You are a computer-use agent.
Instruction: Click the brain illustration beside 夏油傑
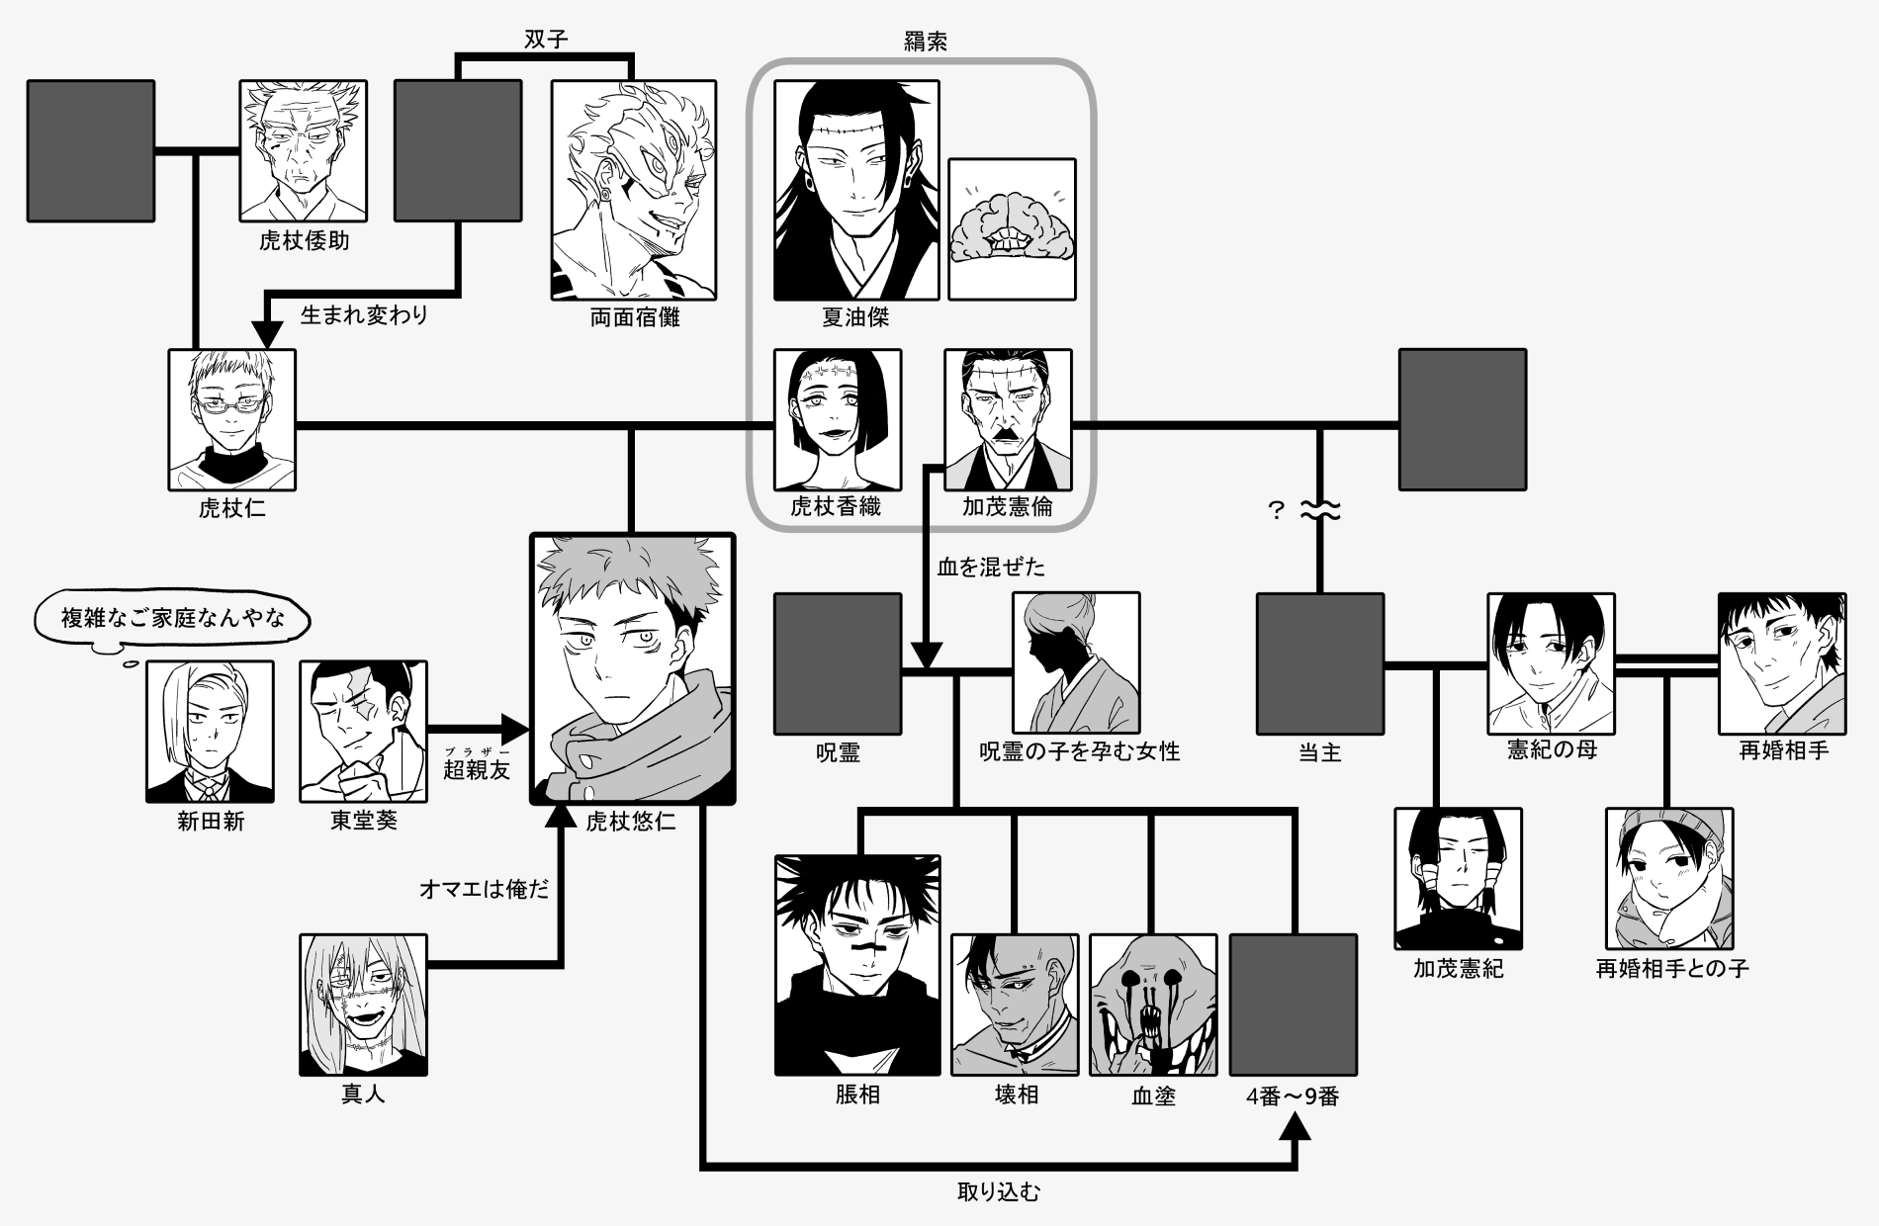[x=1012, y=229]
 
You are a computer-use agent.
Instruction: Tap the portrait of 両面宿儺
[x=633, y=190]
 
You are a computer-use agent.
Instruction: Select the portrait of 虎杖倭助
[x=303, y=150]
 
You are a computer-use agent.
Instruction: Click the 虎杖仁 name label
[x=232, y=509]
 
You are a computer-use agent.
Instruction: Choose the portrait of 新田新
[x=210, y=731]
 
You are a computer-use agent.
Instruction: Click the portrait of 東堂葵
[x=364, y=731]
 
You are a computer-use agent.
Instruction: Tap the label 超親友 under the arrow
[x=477, y=770]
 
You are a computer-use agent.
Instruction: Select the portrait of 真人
[x=364, y=1005]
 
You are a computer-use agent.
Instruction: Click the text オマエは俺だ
[x=485, y=889]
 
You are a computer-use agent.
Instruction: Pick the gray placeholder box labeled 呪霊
[x=838, y=663]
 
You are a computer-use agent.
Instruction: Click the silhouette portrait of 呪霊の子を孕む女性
[x=1076, y=663]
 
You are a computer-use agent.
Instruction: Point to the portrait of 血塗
[x=1153, y=1005]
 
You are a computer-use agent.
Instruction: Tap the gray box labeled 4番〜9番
[x=1294, y=1005]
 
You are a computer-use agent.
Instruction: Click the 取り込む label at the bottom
[x=999, y=1192]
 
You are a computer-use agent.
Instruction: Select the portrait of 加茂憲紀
[x=1459, y=879]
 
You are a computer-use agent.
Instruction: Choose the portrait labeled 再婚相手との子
[x=1669, y=879]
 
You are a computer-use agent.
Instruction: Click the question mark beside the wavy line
[x=1277, y=511]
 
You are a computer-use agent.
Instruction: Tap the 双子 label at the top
[x=546, y=40]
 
